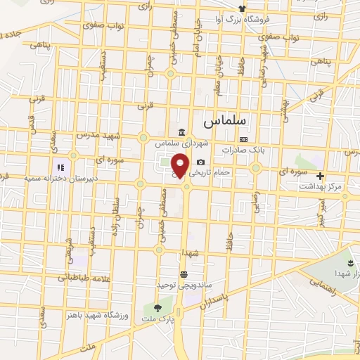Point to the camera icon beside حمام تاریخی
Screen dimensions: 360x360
200,162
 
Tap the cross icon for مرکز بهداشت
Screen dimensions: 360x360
321,176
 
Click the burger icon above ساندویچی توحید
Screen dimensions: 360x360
184,274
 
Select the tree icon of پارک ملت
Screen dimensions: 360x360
156,307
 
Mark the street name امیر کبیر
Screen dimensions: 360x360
321,214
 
